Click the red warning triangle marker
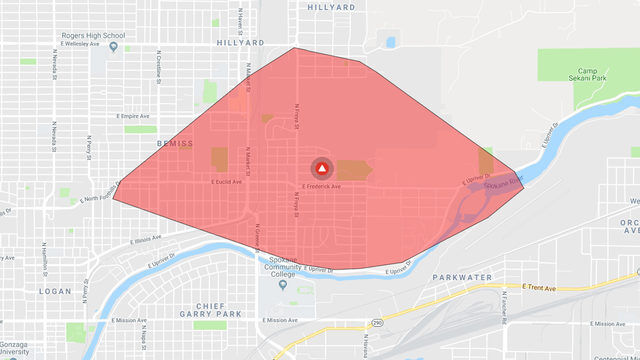click(321, 169)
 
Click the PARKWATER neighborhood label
click(464, 276)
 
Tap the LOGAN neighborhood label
click(55, 291)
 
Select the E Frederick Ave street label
click(321, 186)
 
